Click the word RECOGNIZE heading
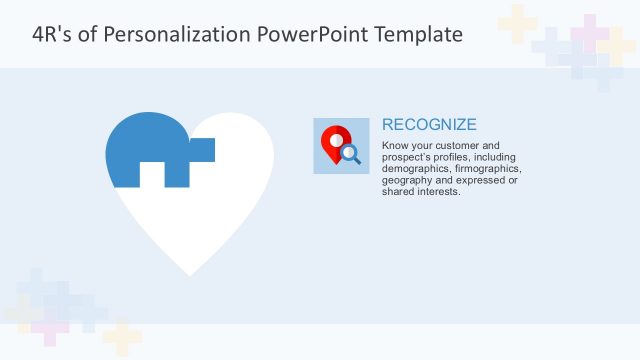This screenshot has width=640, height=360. (429, 125)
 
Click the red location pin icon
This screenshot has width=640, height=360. (335, 141)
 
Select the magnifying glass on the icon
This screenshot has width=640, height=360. (350, 153)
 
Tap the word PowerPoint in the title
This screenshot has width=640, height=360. (314, 35)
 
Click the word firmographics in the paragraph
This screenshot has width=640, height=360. (487, 169)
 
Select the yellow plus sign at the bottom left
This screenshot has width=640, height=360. (121, 338)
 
